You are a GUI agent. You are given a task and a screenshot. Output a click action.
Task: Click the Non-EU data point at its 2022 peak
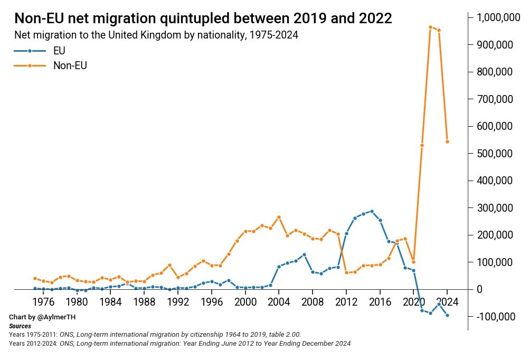[x=431, y=27]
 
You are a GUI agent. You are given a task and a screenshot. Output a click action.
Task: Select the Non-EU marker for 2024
[x=448, y=141]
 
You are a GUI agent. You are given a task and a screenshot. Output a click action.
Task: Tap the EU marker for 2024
[x=448, y=315]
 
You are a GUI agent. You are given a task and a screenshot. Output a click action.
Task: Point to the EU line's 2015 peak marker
[x=372, y=211]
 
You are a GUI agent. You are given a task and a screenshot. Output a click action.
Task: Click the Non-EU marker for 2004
[x=279, y=217]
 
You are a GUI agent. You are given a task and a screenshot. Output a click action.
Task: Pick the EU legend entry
[x=59, y=51]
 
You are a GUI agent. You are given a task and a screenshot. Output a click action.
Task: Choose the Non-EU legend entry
[x=70, y=66]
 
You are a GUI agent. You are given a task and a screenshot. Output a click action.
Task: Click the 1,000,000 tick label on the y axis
[x=496, y=18]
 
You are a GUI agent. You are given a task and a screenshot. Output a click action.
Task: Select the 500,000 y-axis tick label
[x=496, y=154]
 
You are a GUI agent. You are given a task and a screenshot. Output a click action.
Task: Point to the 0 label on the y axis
[x=480, y=289]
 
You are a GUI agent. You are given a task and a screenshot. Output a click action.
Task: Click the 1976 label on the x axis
[x=43, y=302]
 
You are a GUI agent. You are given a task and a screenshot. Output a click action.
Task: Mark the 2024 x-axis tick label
[x=448, y=302]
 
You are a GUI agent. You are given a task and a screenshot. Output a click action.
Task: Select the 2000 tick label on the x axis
[x=245, y=302]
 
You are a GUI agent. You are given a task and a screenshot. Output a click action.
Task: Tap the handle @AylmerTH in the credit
[x=60, y=318]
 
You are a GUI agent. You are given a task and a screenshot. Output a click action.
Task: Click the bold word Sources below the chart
[x=20, y=326]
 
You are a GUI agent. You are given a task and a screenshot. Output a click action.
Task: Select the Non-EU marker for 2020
[x=414, y=262]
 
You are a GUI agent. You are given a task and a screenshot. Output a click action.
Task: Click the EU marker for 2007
[x=304, y=254]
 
